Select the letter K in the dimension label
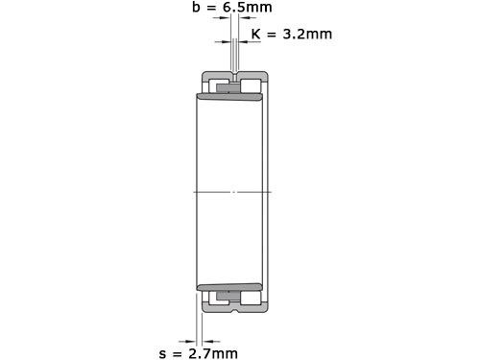tap(255, 35)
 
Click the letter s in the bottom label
tap(162, 353)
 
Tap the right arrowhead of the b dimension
tap(241, 42)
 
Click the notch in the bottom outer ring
tap(233, 308)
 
